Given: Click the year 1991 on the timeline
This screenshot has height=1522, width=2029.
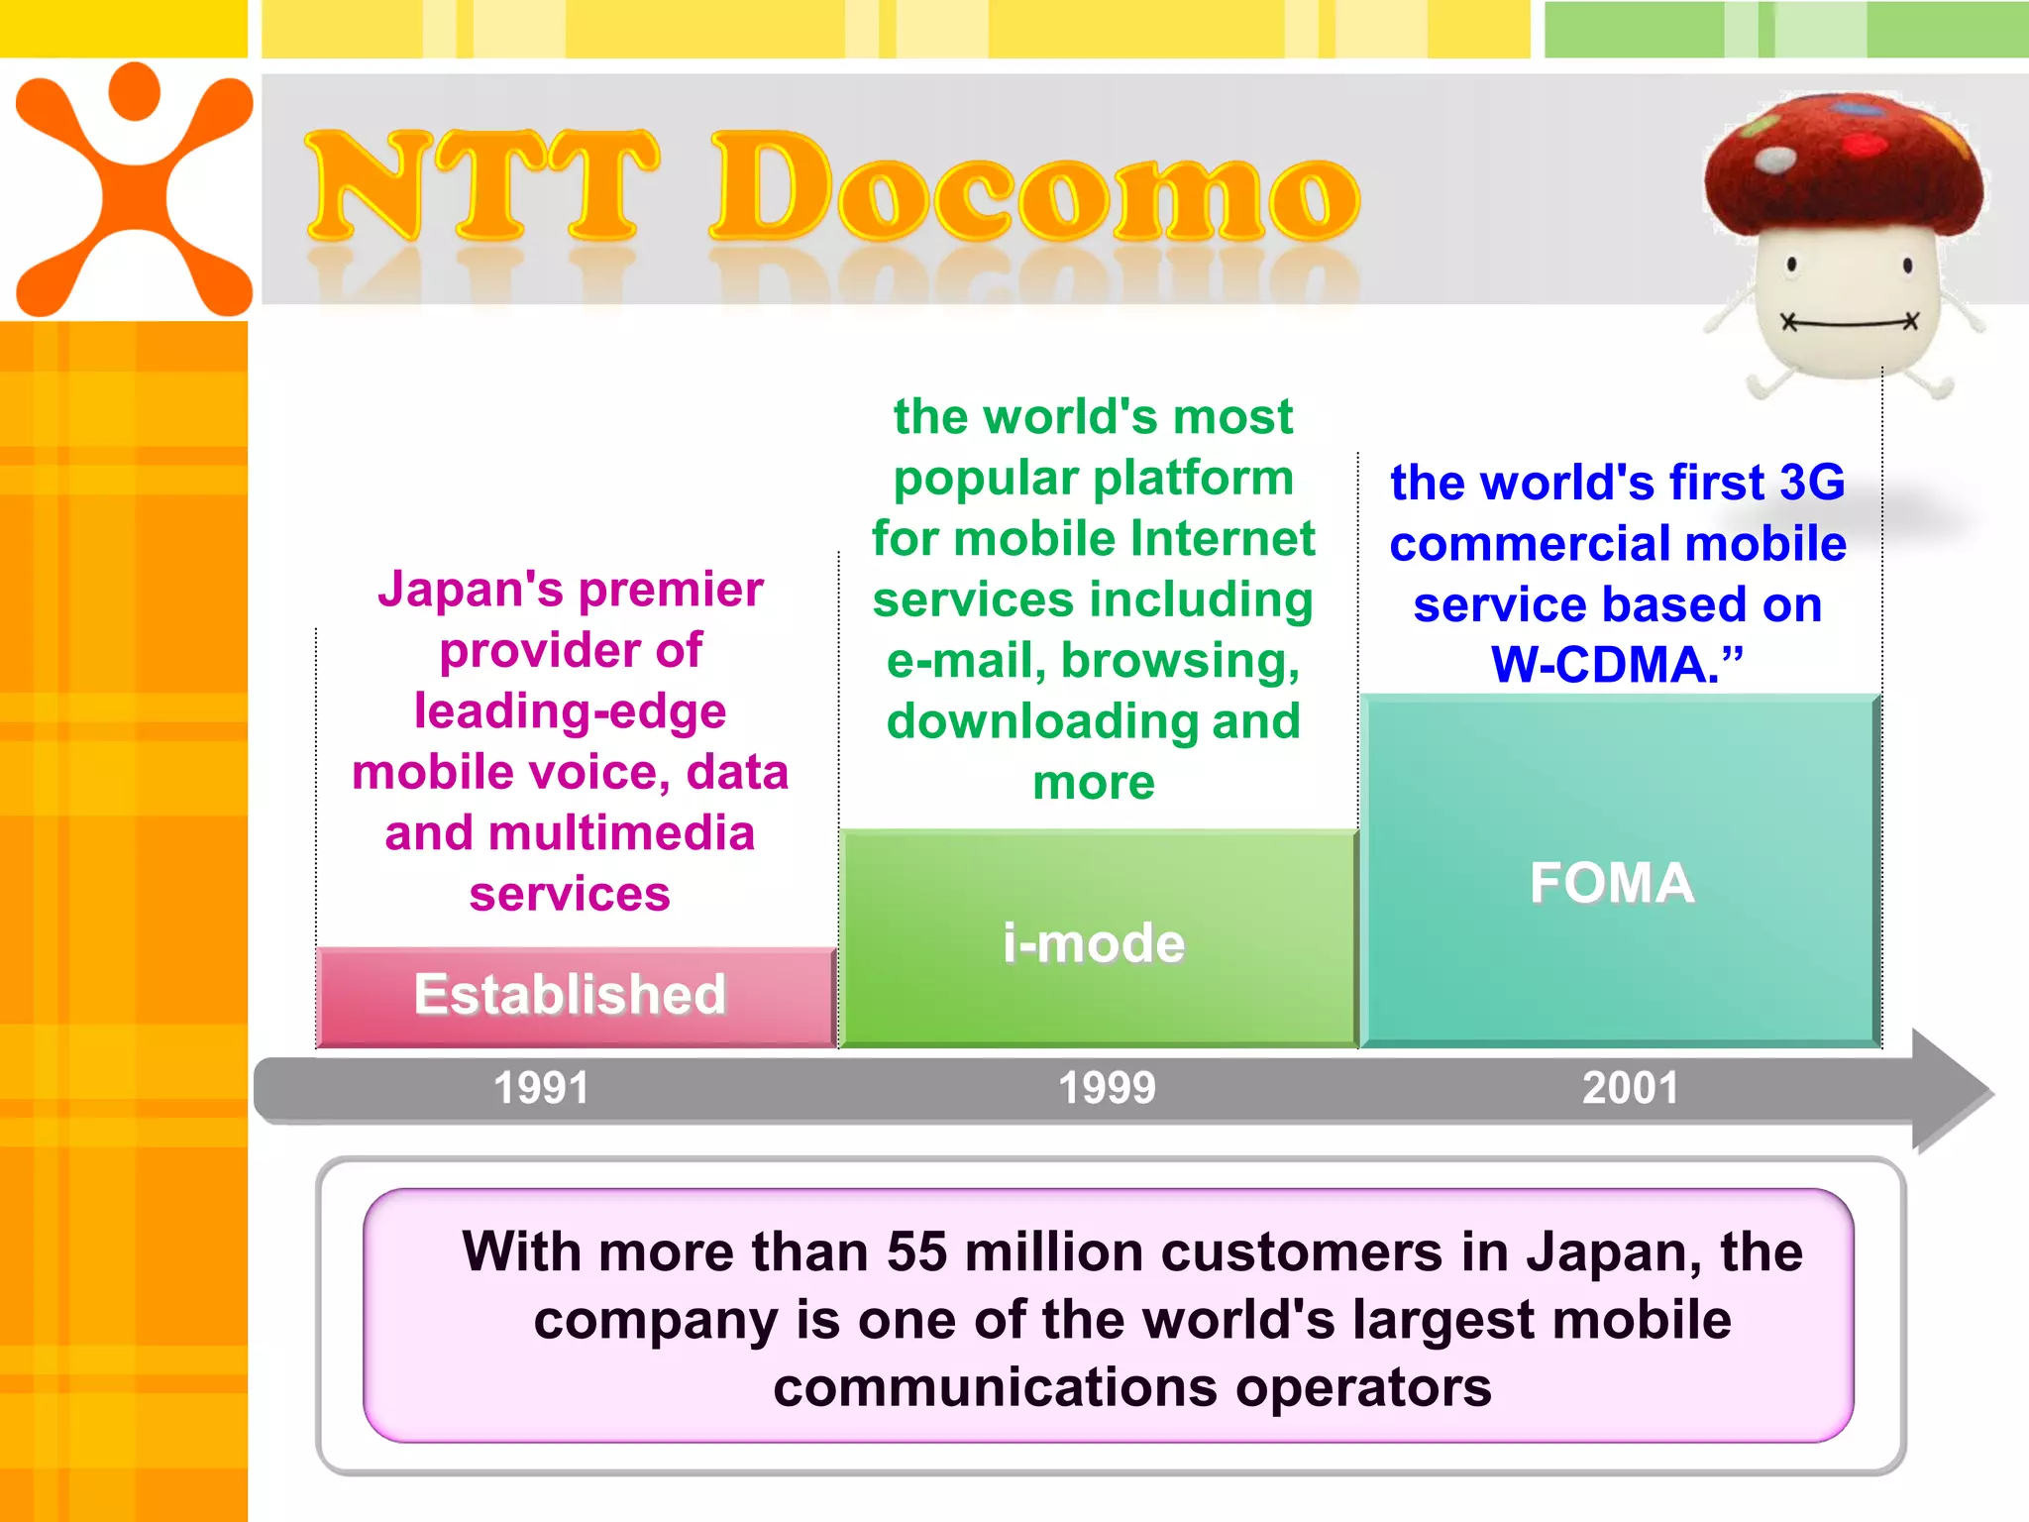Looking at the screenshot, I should point(541,1088).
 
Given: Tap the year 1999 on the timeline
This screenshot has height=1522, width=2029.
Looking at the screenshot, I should point(1107,1088).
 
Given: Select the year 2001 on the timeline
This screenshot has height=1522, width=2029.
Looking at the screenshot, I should point(1630,1088).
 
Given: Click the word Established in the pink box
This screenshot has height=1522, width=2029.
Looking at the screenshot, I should point(570,994).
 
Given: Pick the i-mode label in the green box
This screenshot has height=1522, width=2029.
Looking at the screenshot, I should point(1093,942).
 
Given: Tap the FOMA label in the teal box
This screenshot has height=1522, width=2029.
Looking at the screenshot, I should point(1612,882).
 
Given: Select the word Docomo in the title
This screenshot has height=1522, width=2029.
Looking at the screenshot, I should point(1035,188).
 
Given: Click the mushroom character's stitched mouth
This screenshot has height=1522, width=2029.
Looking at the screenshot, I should point(1849,322).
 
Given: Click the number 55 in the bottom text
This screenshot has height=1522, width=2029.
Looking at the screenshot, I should point(917,1251).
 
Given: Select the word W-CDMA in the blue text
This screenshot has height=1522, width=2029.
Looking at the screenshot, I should point(1605,665).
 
